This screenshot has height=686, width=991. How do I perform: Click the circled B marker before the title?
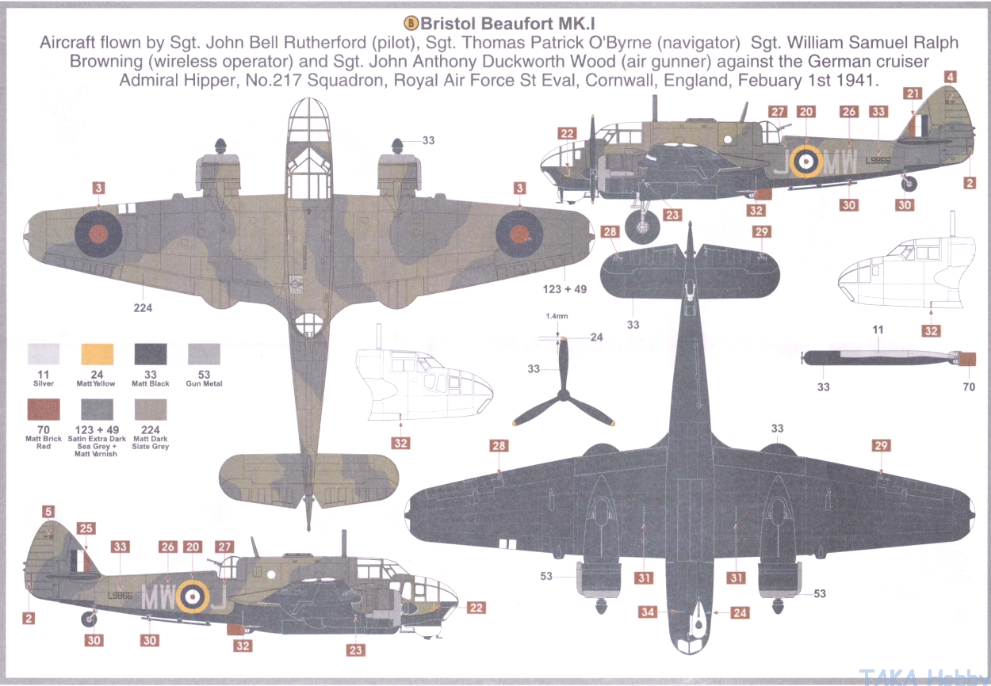click(411, 23)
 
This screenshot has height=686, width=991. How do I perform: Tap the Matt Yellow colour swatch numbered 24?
click(98, 354)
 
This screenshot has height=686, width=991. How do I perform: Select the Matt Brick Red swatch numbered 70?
click(44, 410)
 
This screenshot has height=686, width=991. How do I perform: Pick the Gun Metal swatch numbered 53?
click(204, 354)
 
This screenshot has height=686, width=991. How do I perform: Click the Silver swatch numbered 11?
click(44, 354)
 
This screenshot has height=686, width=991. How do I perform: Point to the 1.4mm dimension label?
click(557, 317)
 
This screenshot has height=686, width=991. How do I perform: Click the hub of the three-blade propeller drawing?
click(563, 394)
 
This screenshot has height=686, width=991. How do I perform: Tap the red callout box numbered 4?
click(951, 77)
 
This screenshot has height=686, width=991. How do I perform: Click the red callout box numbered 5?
click(48, 512)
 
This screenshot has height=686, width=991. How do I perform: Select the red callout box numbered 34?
click(648, 612)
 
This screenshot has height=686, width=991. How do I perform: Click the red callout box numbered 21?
click(913, 93)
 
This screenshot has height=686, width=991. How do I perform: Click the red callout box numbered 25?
click(86, 528)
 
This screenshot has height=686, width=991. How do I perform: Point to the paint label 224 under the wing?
click(143, 307)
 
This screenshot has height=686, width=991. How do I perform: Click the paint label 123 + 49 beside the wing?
click(564, 289)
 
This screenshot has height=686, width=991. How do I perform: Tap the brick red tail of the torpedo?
click(968, 359)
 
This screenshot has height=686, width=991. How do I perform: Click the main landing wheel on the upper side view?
click(642, 227)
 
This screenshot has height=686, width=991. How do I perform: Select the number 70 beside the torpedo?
click(969, 387)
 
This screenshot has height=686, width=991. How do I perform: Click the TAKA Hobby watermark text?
click(924, 677)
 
